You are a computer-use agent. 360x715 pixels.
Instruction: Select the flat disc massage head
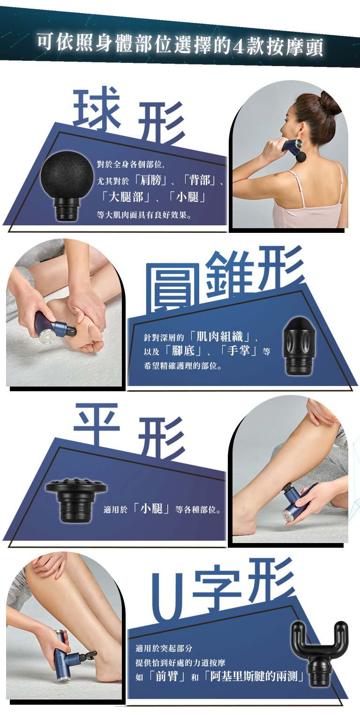(x=76, y=500)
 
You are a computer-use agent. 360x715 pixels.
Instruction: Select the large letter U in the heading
(x=167, y=597)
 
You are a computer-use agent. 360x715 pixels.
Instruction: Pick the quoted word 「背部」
(x=200, y=180)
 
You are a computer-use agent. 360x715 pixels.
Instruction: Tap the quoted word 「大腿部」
(x=126, y=197)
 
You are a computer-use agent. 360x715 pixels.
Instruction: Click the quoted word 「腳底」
(x=183, y=351)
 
